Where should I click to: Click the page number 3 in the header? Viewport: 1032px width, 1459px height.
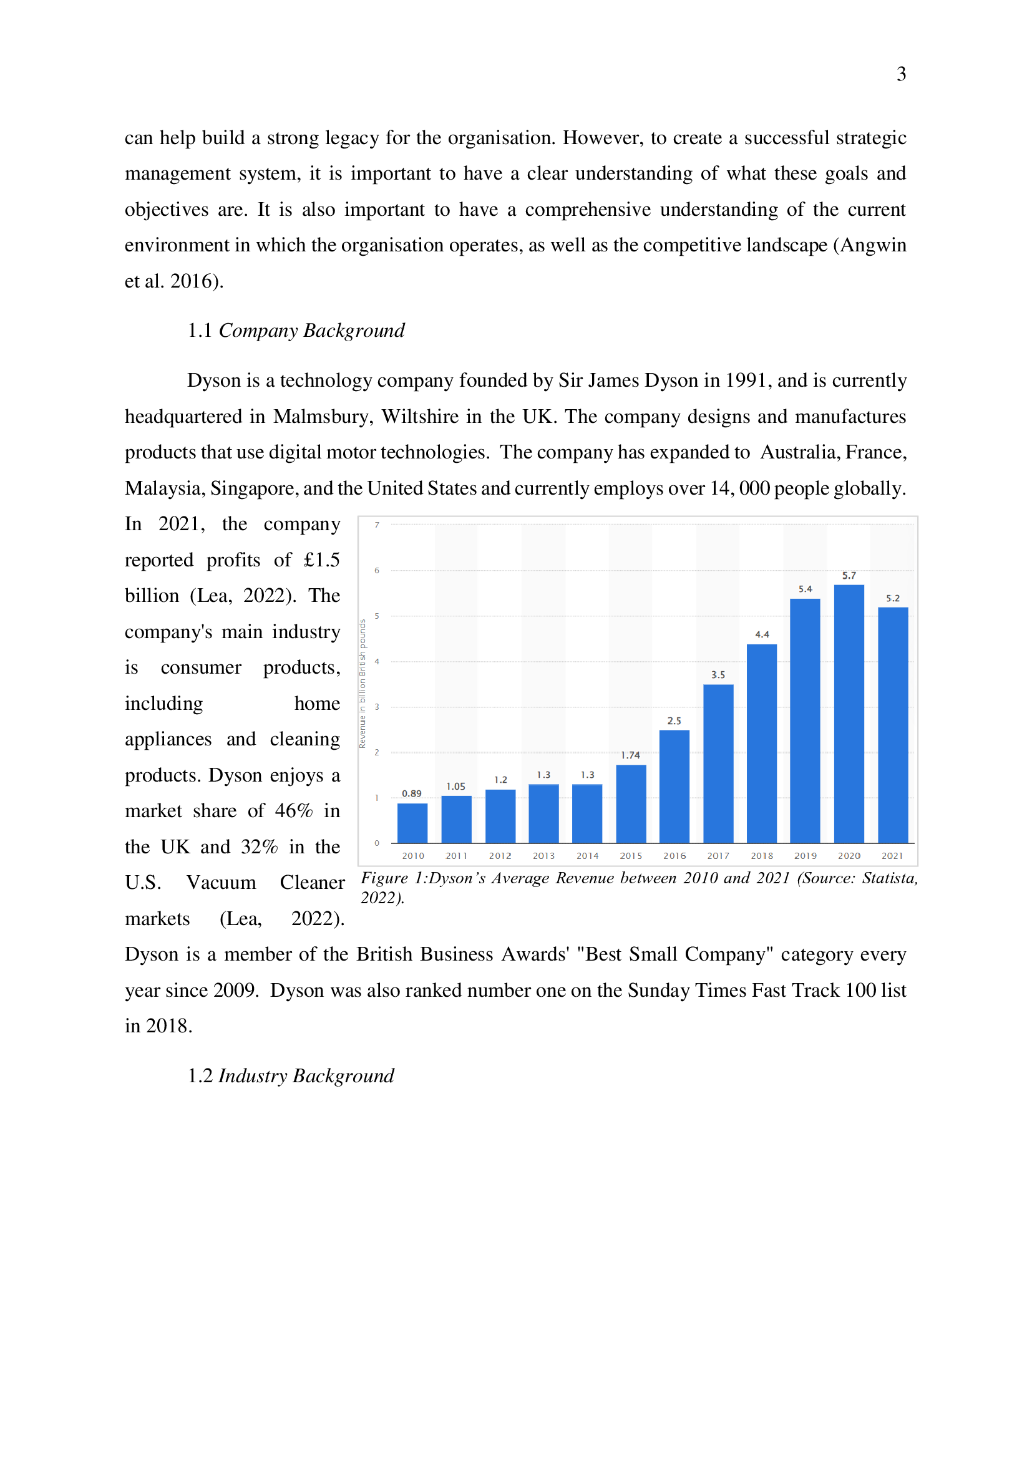pyautogui.click(x=901, y=74)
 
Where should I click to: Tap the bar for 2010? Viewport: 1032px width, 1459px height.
pyautogui.click(x=412, y=823)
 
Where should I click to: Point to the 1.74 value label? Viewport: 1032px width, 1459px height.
pyautogui.click(x=630, y=755)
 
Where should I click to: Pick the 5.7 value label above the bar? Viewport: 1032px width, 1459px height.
pyautogui.click(x=849, y=575)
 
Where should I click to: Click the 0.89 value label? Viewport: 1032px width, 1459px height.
pyautogui.click(x=411, y=793)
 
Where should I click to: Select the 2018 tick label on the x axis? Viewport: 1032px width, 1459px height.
pyautogui.click(x=761, y=856)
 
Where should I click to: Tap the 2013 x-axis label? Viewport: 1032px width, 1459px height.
pyautogui.click(x=543, y=856)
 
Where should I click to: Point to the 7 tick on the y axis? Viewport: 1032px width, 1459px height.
pyautogui.click(x=377, y=525)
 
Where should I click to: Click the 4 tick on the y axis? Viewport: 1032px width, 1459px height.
pyautogui.click(x=377, y=661)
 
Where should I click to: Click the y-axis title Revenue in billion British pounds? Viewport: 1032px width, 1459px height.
pyautogui.click(x=363, y=684)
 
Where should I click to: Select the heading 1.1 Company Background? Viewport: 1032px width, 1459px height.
pyautogui.click(x=296, y=331)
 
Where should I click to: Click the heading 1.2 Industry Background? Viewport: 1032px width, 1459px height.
pyautogui.click(x=290, y=1076)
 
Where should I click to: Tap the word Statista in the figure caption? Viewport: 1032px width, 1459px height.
pyautogui.click(x=889, y=878)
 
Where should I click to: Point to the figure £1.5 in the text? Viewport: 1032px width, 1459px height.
pyautogui.click(x=321, y=560)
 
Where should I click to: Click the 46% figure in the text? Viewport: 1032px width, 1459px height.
pyautogui.click(x=294, y=811)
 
